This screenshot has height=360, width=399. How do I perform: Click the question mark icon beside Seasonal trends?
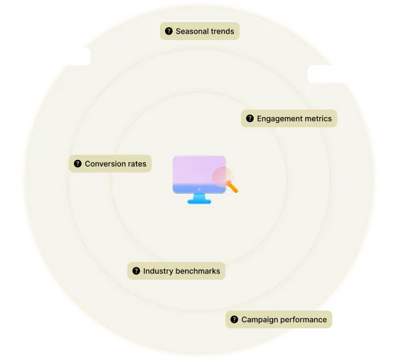pyautogui.click(x=169, y=31)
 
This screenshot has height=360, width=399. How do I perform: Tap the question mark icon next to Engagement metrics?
pyautogui.click(x=250, y=118)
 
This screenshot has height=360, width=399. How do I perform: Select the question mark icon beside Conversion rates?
pyautogui.click(x=78, y=164)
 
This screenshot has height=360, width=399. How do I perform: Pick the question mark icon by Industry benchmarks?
pyautogui.click(x=136, y=271)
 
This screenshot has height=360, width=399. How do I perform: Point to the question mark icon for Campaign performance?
pyautogui.click(x=235, y=320)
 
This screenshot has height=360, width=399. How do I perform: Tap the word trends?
pyautogui.click(x=223, y=31)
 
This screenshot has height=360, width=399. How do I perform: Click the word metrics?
pyautogui.click(x=318, y=118)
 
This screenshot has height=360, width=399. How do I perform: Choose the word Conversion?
pyautogui.click(x=106, y=164)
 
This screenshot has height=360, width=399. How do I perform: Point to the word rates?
pyautogui.click(x=137, y=164)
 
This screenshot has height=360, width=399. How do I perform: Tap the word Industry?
pyautogui.click(x=158, y=271)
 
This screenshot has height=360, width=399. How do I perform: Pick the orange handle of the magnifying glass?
pyautogui.click(x=233, y=187)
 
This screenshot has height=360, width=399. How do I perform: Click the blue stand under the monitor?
pyautogui.click(x=199, y=199)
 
